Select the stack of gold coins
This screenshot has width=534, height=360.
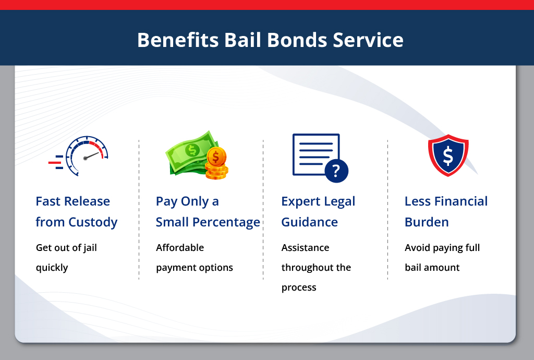pos(216,164)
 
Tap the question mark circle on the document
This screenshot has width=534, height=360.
pos(336,170)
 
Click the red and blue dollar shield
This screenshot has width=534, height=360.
pos(448,155)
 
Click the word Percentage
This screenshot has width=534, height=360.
pos(226,222)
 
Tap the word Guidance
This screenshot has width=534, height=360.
pos(309,222)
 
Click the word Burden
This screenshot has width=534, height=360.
pos(427,222)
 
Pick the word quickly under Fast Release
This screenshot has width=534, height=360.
pos(52,268)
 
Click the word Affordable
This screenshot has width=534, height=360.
pos(180,248)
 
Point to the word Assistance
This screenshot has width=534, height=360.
pos(305,248)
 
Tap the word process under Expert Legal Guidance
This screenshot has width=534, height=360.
pos(299,288)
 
